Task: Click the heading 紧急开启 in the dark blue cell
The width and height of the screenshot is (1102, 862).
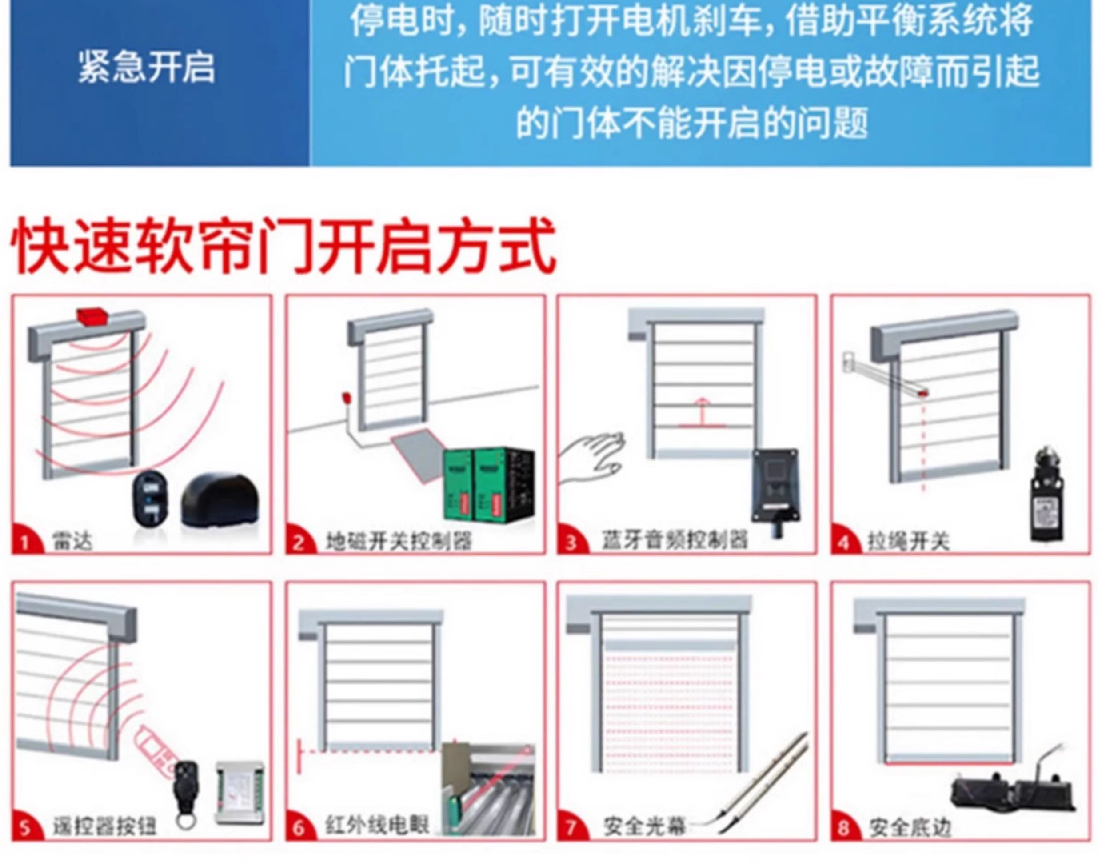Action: click(x=146, y=68)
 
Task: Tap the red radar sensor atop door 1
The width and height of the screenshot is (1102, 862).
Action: click(x=92, y=316)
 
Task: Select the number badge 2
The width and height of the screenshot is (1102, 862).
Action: click(x=298, y=543)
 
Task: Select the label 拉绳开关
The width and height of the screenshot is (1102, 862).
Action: click(x=908, y=542)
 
